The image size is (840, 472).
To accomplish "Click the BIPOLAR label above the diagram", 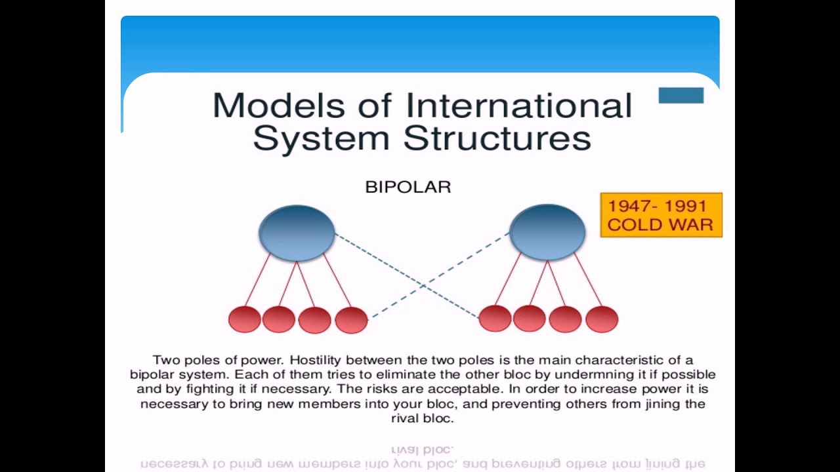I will [408, 187].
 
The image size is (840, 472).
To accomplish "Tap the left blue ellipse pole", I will [297, 233].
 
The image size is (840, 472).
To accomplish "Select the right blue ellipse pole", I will [547, 233].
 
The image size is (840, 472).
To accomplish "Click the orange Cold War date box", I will [661, 215].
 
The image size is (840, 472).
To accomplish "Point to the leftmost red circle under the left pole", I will [245, 319].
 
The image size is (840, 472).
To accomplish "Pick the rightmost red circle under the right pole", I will [602, 319].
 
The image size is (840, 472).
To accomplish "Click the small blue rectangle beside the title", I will [681, 96].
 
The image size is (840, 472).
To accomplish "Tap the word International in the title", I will [518, 106].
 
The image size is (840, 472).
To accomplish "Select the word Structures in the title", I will [497, 138].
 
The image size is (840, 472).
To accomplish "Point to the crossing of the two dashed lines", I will [423, 286].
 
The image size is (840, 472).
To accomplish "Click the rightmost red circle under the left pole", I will [351, 320].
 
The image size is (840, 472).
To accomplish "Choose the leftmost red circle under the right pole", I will [495, 319].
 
